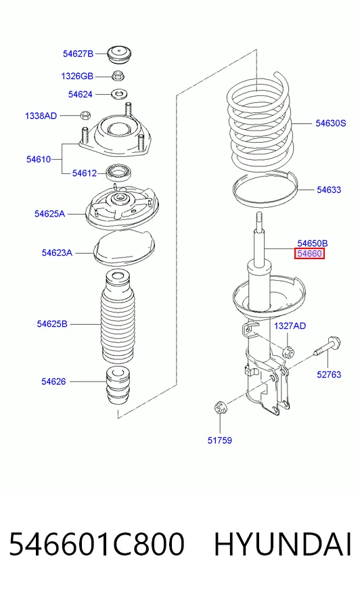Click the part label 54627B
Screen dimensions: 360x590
click(x=78, y=54)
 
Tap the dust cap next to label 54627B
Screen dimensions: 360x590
click(x=119, y=55)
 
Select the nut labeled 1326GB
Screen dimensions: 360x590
click(x=118, y=76)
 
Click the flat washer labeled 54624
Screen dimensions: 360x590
click(x=119, y=93)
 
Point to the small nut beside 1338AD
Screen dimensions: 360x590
click(x=86, y=114)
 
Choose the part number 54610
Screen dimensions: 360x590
click(x=39, y=159)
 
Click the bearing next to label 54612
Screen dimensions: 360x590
click(x=118, y=173)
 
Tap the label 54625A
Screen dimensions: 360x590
click(x=49, y=214)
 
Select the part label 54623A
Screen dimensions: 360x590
click(x=57, y=252)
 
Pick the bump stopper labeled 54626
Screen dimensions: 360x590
click(x=118, y=386)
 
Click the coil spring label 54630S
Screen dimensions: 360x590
click(x=331, y=123)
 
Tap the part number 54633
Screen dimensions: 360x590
click(x=329, y=189)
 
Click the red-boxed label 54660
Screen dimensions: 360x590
click(x=309, y=254)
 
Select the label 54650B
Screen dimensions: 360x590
click(x=312, y=244)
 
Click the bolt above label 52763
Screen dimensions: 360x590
click(x=328, y=347)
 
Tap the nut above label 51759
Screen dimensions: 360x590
click(x=220, y=407)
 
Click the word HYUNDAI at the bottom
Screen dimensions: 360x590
click(x=283, y=544)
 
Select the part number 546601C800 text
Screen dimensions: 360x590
click(x=97, y=544)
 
